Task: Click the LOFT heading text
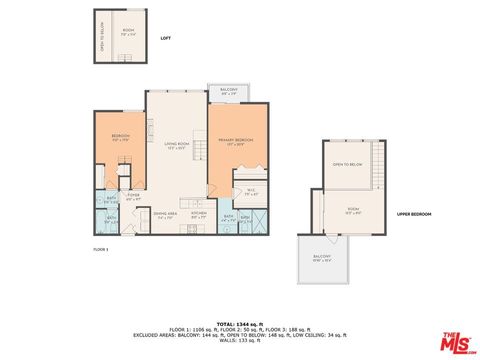166,39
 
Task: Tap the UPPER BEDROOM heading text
413,214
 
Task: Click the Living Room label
177,146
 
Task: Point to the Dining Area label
166,215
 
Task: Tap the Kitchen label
199,214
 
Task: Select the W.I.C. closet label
251,193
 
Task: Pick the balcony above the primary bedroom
229,93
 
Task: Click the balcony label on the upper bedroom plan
321,258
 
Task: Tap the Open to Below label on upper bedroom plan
348,164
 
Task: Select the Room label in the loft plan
129,31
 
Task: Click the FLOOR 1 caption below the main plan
100,248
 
